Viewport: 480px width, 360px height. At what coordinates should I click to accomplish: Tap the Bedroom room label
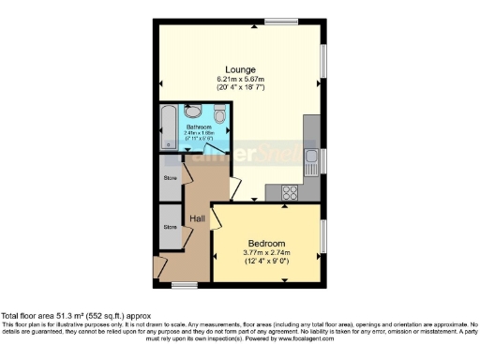267,243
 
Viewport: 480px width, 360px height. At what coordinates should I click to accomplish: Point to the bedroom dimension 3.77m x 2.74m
267,252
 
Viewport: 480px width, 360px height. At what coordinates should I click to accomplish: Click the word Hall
198,219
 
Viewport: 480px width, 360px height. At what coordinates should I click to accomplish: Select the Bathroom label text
198,127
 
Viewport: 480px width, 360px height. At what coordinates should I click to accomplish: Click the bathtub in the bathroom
167,128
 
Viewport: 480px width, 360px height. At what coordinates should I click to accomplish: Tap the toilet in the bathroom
218,115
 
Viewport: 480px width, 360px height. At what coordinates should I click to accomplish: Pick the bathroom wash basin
191,112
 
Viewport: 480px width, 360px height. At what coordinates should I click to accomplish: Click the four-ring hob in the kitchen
290,194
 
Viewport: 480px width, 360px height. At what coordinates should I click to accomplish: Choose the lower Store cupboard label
170,227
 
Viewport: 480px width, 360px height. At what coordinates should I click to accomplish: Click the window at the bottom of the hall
184,283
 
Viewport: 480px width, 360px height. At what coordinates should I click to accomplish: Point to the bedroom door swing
217,220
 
